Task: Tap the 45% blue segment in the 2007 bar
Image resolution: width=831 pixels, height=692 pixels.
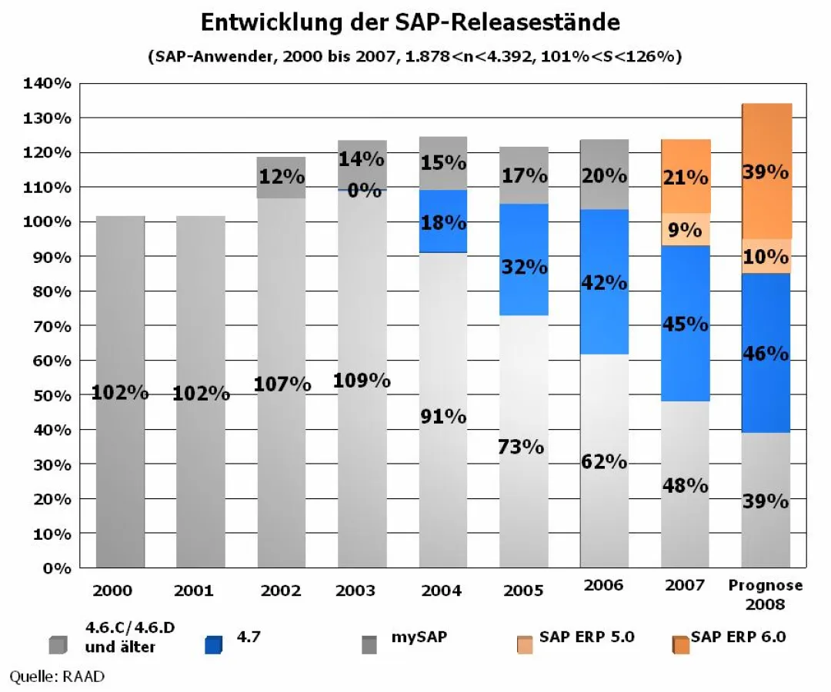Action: (x=685, y=324)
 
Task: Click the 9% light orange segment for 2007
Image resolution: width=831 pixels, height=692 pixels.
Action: (x=685, y=230)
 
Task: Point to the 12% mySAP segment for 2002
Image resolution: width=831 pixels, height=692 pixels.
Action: (x=282, y=177)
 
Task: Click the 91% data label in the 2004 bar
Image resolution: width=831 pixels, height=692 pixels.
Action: (x=443, y=417)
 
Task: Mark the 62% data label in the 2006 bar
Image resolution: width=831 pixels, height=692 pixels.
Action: (x=604, y=462)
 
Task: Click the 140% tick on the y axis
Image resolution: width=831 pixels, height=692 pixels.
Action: (x=50, y=83)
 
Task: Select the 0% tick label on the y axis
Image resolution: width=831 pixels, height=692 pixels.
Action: (x=57, y=568)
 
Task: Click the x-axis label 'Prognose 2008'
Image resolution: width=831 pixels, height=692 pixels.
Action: (x=765, y=594)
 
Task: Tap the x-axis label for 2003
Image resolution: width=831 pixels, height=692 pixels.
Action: (x=355, y=591)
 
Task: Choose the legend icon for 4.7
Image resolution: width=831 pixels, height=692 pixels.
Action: (x=213, y=644)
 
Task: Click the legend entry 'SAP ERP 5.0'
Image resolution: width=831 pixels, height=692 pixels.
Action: (x=586, y=637)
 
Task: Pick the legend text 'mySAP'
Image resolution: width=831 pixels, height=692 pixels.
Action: (x=419, y=637)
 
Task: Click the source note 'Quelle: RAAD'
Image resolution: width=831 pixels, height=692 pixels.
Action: (x=56, y=677)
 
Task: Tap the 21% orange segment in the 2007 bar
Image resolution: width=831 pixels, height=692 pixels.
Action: (x=685, y=177)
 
